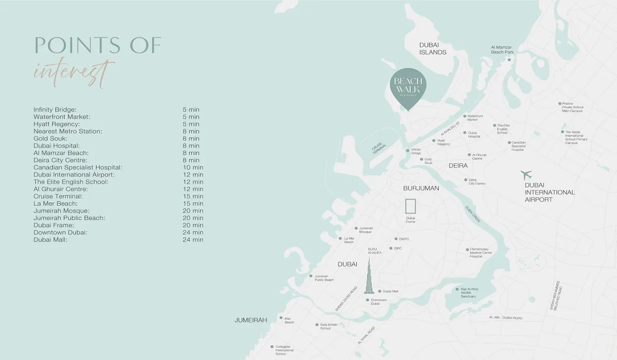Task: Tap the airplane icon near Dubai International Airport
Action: click(x=526, y=175)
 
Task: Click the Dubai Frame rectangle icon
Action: click(x=410, y=206)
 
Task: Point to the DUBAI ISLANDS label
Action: click(x=432, y=48)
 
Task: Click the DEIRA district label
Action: click(x=458, y=166)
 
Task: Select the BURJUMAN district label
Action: click(x=421, y=188)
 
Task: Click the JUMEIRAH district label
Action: click(x=251, y=320)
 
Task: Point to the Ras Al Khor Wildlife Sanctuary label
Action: click(x=468, y=293)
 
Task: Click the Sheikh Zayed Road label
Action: click(x=346, y=299)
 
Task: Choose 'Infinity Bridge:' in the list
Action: click(x=55, y=110)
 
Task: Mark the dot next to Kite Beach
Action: click(x=280, y=318)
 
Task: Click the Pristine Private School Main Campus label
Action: click(x=572, y=107)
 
